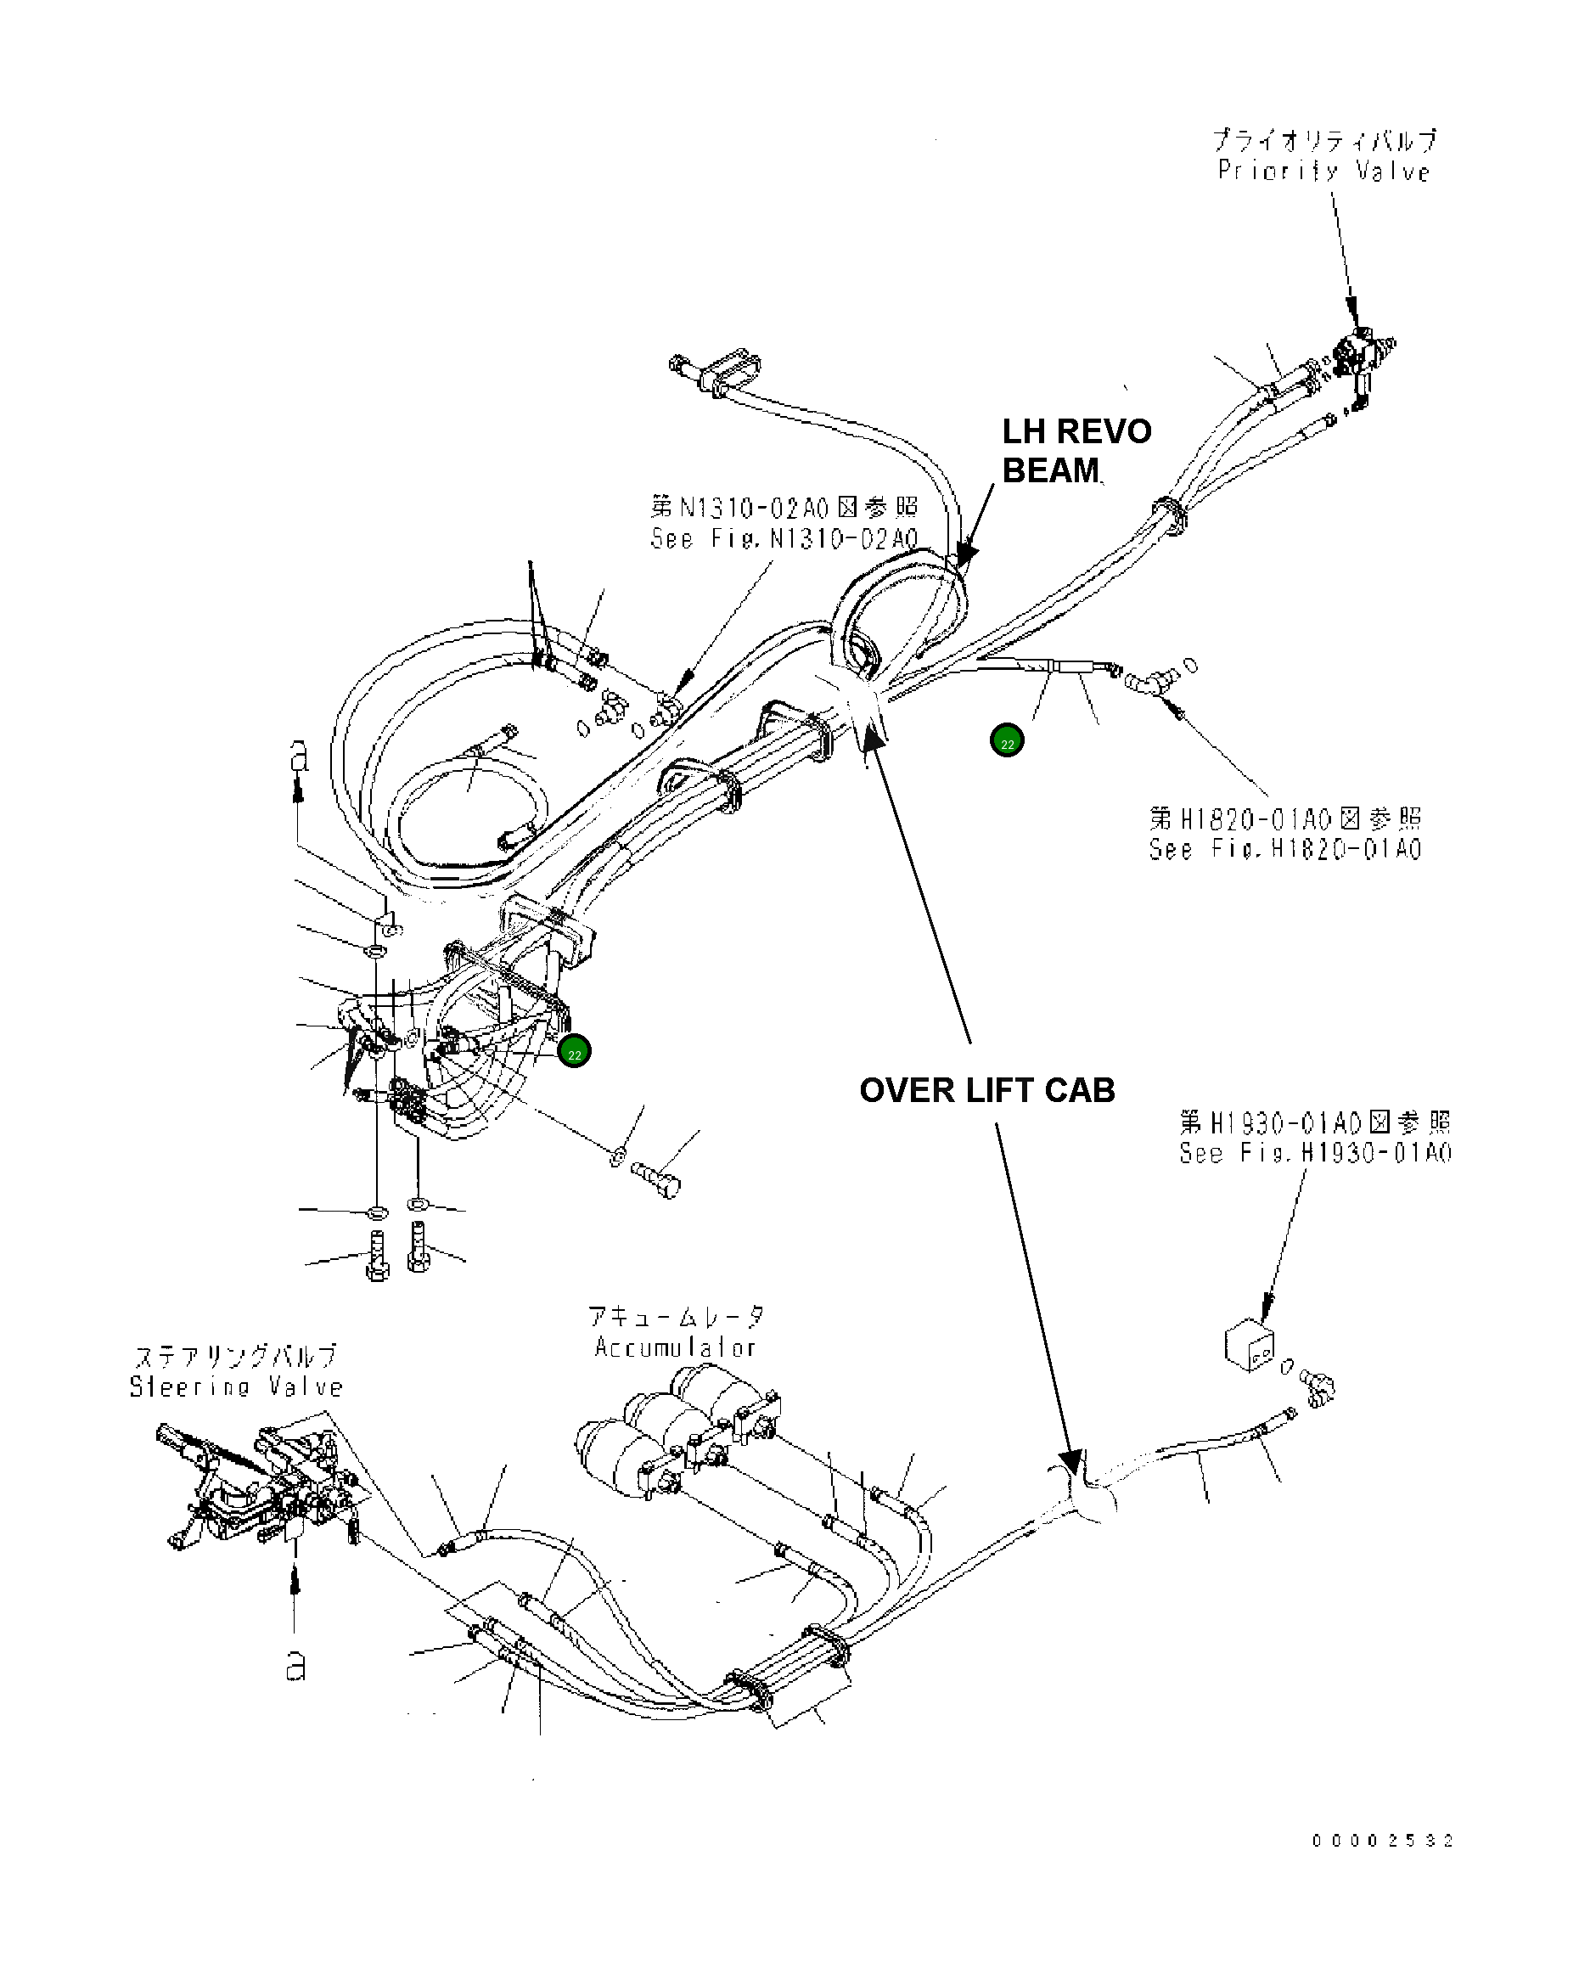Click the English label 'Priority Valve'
(1323, 172)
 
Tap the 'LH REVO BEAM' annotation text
(1076, 451)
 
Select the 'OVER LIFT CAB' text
(986, 1090)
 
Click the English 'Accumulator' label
(675, 1347)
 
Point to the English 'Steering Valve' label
(236, 1387)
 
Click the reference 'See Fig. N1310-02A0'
(784, 538)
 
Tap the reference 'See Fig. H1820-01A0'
(1285, 849)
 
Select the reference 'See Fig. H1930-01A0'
(1314, 1153)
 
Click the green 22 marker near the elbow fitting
(1007, 740)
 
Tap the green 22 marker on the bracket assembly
(574, 1051)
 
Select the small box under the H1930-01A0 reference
(1250, 1345)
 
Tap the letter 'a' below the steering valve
(295, 1667)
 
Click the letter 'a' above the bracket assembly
(299, 756)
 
